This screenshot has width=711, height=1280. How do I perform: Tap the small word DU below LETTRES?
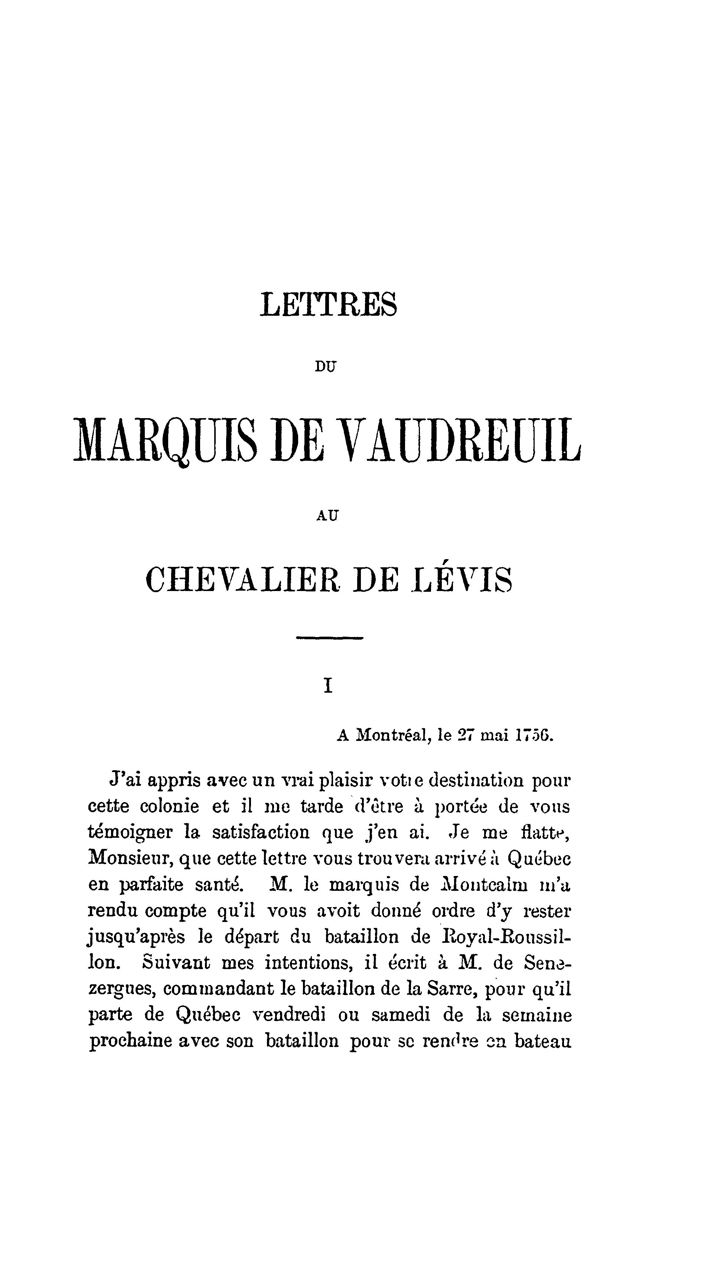click(326, 367)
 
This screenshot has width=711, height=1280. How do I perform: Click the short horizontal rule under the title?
click(329, 638)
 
